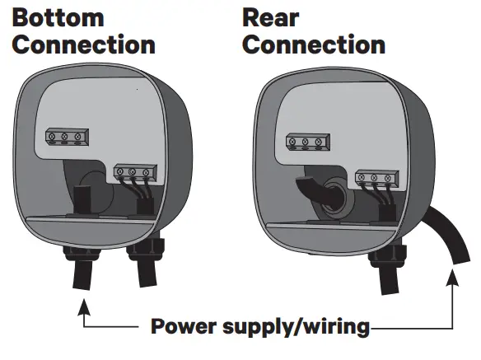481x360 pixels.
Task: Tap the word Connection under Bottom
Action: coord(83,44)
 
